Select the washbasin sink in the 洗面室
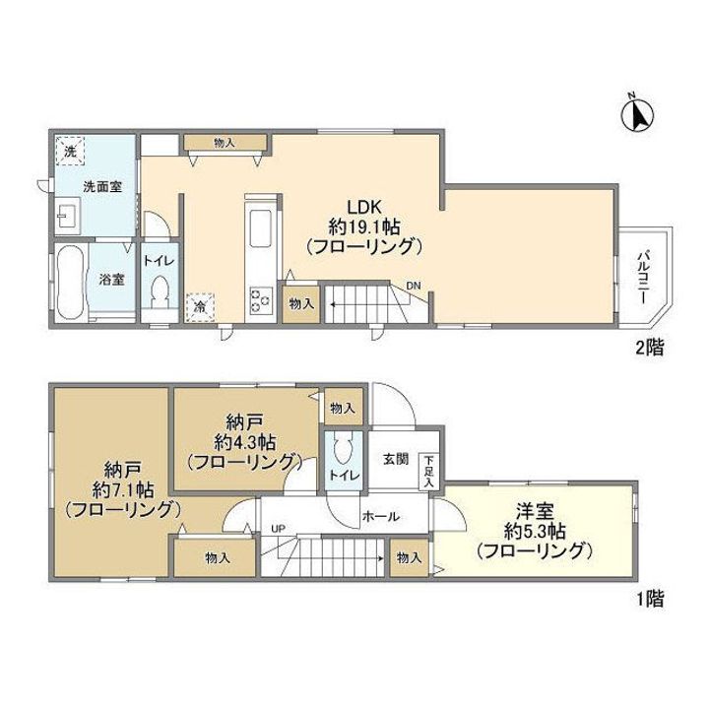pyautogui.click(x=68, y=216)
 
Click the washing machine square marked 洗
pyautogui.click(x=70, y=151)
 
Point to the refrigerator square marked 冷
pyautogui.click(x=200, y=307)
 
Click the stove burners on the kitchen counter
pyautogui.click(x=260, y=300)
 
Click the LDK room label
pyautogui.click(x=364, y=207)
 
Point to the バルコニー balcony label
pyautogui.click(x=644, y=276)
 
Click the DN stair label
pyautogui.click(x=413, y=286)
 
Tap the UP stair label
pyautogui.click(x=278, y=528)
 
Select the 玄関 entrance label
pyautogui.click(x=396, y=459)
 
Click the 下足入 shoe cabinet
pyautogui.click(x=428, y=471)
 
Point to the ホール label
pyautogui.click(x=381, y=516)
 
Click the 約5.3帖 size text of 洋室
pyautogui.click(x=535, y=532)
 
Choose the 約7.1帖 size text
pyautogui.click(x=123, y=489)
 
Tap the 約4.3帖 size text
pyautogui.click(x=244, y=441)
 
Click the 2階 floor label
pyautogui.click(x=650, y=349)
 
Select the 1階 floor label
pyautogui.click(x=650, y=599)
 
